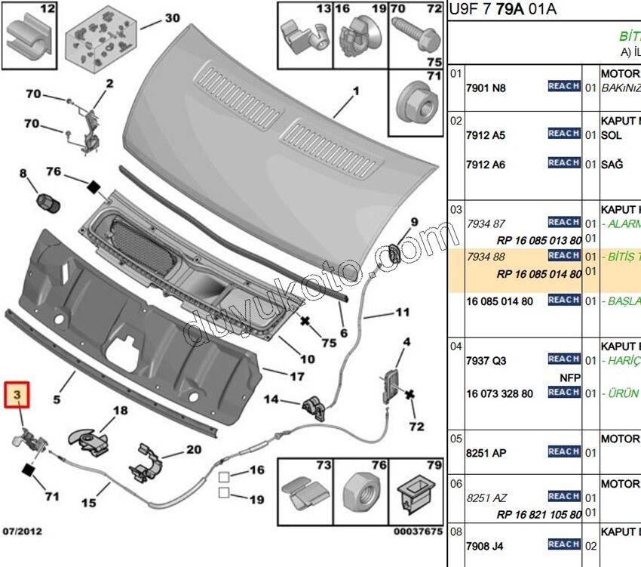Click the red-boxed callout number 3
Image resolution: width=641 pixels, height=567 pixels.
coord(18,395)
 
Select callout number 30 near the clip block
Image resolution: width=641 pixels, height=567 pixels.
coord(172,18)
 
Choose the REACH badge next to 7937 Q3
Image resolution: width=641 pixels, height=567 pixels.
coord(563,359)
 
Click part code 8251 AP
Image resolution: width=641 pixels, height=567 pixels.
coord(486,453)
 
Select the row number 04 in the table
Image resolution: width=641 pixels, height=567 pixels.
coord(455,347)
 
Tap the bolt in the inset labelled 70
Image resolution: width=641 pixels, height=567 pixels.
coord(410,33)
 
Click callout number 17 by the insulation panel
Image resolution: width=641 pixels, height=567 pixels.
coord(296,375)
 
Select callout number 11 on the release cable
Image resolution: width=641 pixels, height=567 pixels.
coord(402,312)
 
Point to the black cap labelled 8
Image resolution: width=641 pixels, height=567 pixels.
coord(49,202)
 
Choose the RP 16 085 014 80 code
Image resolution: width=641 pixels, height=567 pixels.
coord(538,274)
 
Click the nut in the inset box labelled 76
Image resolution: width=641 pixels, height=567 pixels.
coord(360,495)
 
